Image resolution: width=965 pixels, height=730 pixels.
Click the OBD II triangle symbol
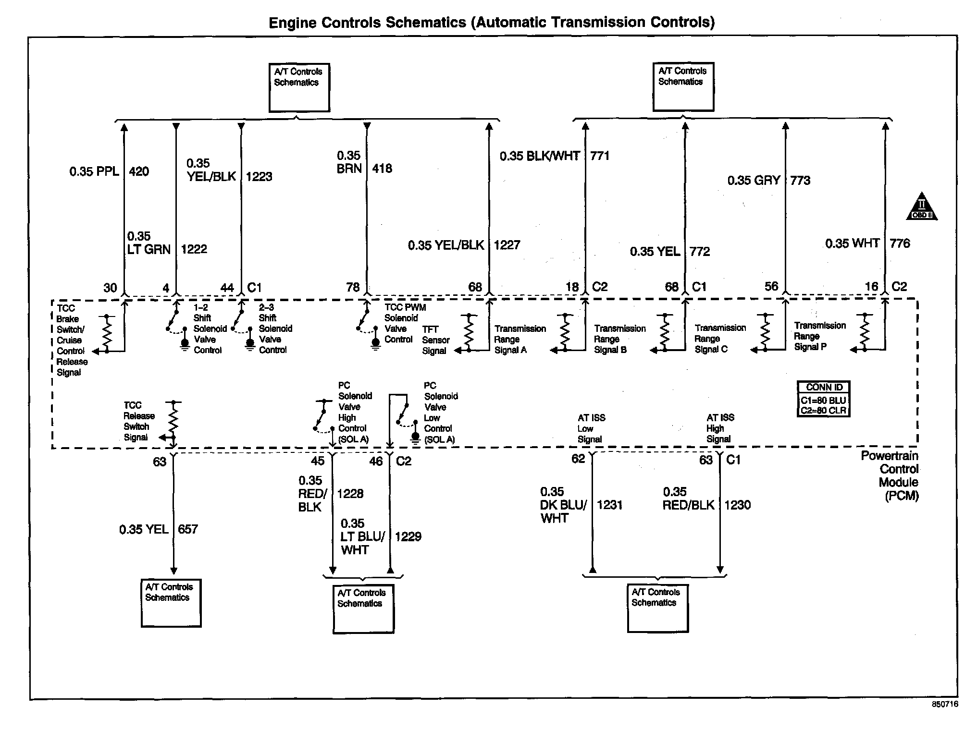[921, 207]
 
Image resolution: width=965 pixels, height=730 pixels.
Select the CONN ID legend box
[823, 399]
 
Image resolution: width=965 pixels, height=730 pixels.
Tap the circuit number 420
[139, 171]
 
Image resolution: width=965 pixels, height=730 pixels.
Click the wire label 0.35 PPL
[94, 171]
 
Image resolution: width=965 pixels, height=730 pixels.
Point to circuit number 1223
[259, 177]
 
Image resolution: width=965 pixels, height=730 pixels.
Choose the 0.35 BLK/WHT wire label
[540, 156]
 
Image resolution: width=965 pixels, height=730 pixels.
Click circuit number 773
[800, 181]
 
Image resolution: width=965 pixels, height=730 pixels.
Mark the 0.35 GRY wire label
[754, 181]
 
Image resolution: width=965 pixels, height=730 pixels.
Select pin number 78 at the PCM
[353, 287]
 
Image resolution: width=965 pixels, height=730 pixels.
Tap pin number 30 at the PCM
[110, 288]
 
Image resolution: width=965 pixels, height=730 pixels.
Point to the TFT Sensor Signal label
[435, 340]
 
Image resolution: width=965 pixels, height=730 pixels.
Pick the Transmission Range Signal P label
[819, 336]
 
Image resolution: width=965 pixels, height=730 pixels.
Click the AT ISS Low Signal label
[591, 428]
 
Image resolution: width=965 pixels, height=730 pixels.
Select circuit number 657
[187, 529]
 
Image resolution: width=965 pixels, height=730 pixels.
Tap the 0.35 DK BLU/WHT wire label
[563, 505]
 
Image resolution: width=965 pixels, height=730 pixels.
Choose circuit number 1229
[408, 536]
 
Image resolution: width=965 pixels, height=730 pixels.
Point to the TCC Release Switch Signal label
[139, 421]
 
